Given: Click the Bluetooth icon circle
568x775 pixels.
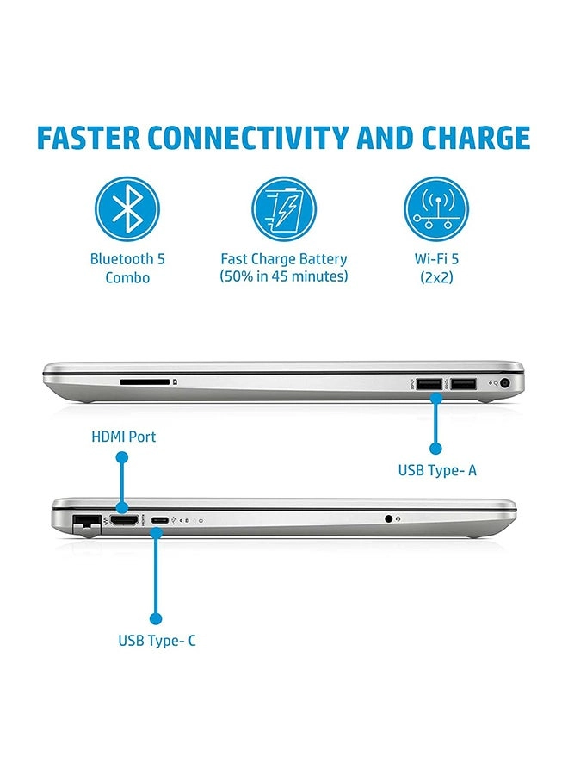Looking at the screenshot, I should (127, 209).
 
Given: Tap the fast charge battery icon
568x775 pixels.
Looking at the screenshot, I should (284, 209).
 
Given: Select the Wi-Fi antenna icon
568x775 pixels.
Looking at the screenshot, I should (437, 209).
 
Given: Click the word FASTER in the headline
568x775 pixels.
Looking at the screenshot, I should (88, 139).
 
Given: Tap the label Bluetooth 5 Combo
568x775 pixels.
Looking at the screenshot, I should (127, 268).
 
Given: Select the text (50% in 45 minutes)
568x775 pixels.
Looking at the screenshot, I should (284, 276).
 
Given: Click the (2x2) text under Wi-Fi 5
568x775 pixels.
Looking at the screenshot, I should (437, 276).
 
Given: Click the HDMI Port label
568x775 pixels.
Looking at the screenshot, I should (124, 437).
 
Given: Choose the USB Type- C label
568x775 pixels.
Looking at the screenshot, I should (157, 641).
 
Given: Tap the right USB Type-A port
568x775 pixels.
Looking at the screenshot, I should (464, 383).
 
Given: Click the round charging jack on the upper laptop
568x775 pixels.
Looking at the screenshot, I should (505, 384).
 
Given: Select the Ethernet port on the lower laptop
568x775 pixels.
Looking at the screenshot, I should (86, 522).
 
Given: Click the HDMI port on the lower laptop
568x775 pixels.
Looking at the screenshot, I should (125, 520).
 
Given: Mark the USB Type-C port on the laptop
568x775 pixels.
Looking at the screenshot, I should (159, 520).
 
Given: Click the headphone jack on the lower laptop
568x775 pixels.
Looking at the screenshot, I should (390, 518).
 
